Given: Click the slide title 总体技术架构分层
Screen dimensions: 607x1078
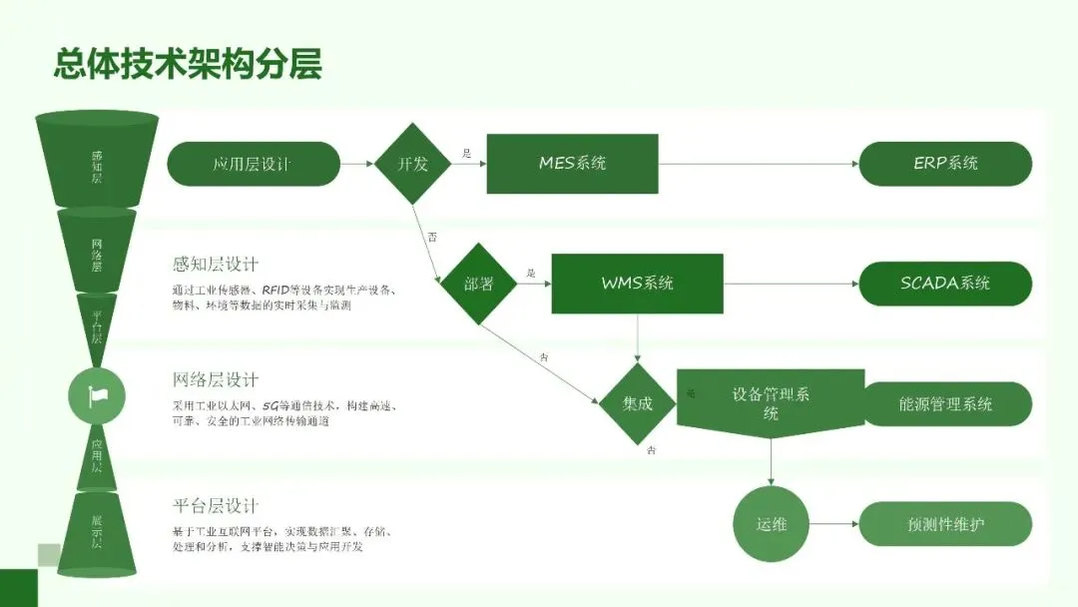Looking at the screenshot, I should click(188, 63).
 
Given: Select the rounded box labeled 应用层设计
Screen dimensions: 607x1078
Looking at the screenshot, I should click(253, 164).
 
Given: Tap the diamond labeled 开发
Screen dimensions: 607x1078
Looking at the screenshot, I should click(413, 164).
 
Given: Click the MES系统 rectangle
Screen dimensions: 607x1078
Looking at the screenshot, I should click(572, 164).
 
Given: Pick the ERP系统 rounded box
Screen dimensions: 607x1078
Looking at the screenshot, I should click(944, 164).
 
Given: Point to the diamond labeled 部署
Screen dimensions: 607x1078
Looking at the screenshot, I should click(479, 284).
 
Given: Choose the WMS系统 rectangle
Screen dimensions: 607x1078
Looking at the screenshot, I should click(637, 284).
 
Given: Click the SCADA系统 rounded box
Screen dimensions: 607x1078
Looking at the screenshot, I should click(944, 284).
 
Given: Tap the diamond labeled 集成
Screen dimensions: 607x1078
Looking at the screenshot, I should click(638, 403).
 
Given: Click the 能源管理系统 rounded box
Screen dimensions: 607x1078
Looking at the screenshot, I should click(944, 403).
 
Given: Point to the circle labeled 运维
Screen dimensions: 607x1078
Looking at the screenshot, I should click(771, 524).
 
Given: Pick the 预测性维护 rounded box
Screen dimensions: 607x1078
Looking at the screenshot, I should click(944, 524).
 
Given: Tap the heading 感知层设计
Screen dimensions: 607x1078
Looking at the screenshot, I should click(216, 265).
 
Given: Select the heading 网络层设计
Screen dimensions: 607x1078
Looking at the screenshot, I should click(216, 380).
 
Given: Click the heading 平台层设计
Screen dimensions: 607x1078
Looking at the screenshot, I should click(216, 506).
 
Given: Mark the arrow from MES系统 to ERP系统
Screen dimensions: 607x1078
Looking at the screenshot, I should click(759, 164).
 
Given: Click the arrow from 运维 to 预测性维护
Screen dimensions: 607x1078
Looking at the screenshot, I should click(833, 524).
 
